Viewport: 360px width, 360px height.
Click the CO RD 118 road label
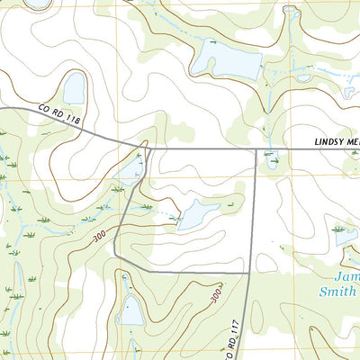click(59, 119)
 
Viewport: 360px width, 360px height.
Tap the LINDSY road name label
click(336, 142)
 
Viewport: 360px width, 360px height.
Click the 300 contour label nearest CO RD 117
click(216, 295)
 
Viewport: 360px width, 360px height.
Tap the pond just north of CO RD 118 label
click(74, 88)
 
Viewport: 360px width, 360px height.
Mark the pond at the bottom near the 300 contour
click(130, 311)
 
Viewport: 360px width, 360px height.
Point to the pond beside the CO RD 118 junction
click(130, 167)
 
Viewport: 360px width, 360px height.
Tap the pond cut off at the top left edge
click(38, 4)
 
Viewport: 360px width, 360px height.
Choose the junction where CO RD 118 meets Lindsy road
click(142, 144)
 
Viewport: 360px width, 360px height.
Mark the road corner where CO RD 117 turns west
click(248, 272)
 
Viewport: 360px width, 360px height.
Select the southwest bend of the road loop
click(116, 256)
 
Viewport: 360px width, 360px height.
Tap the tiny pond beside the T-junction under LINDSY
click(271, 161)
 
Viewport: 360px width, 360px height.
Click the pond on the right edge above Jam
click(346, 235)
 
